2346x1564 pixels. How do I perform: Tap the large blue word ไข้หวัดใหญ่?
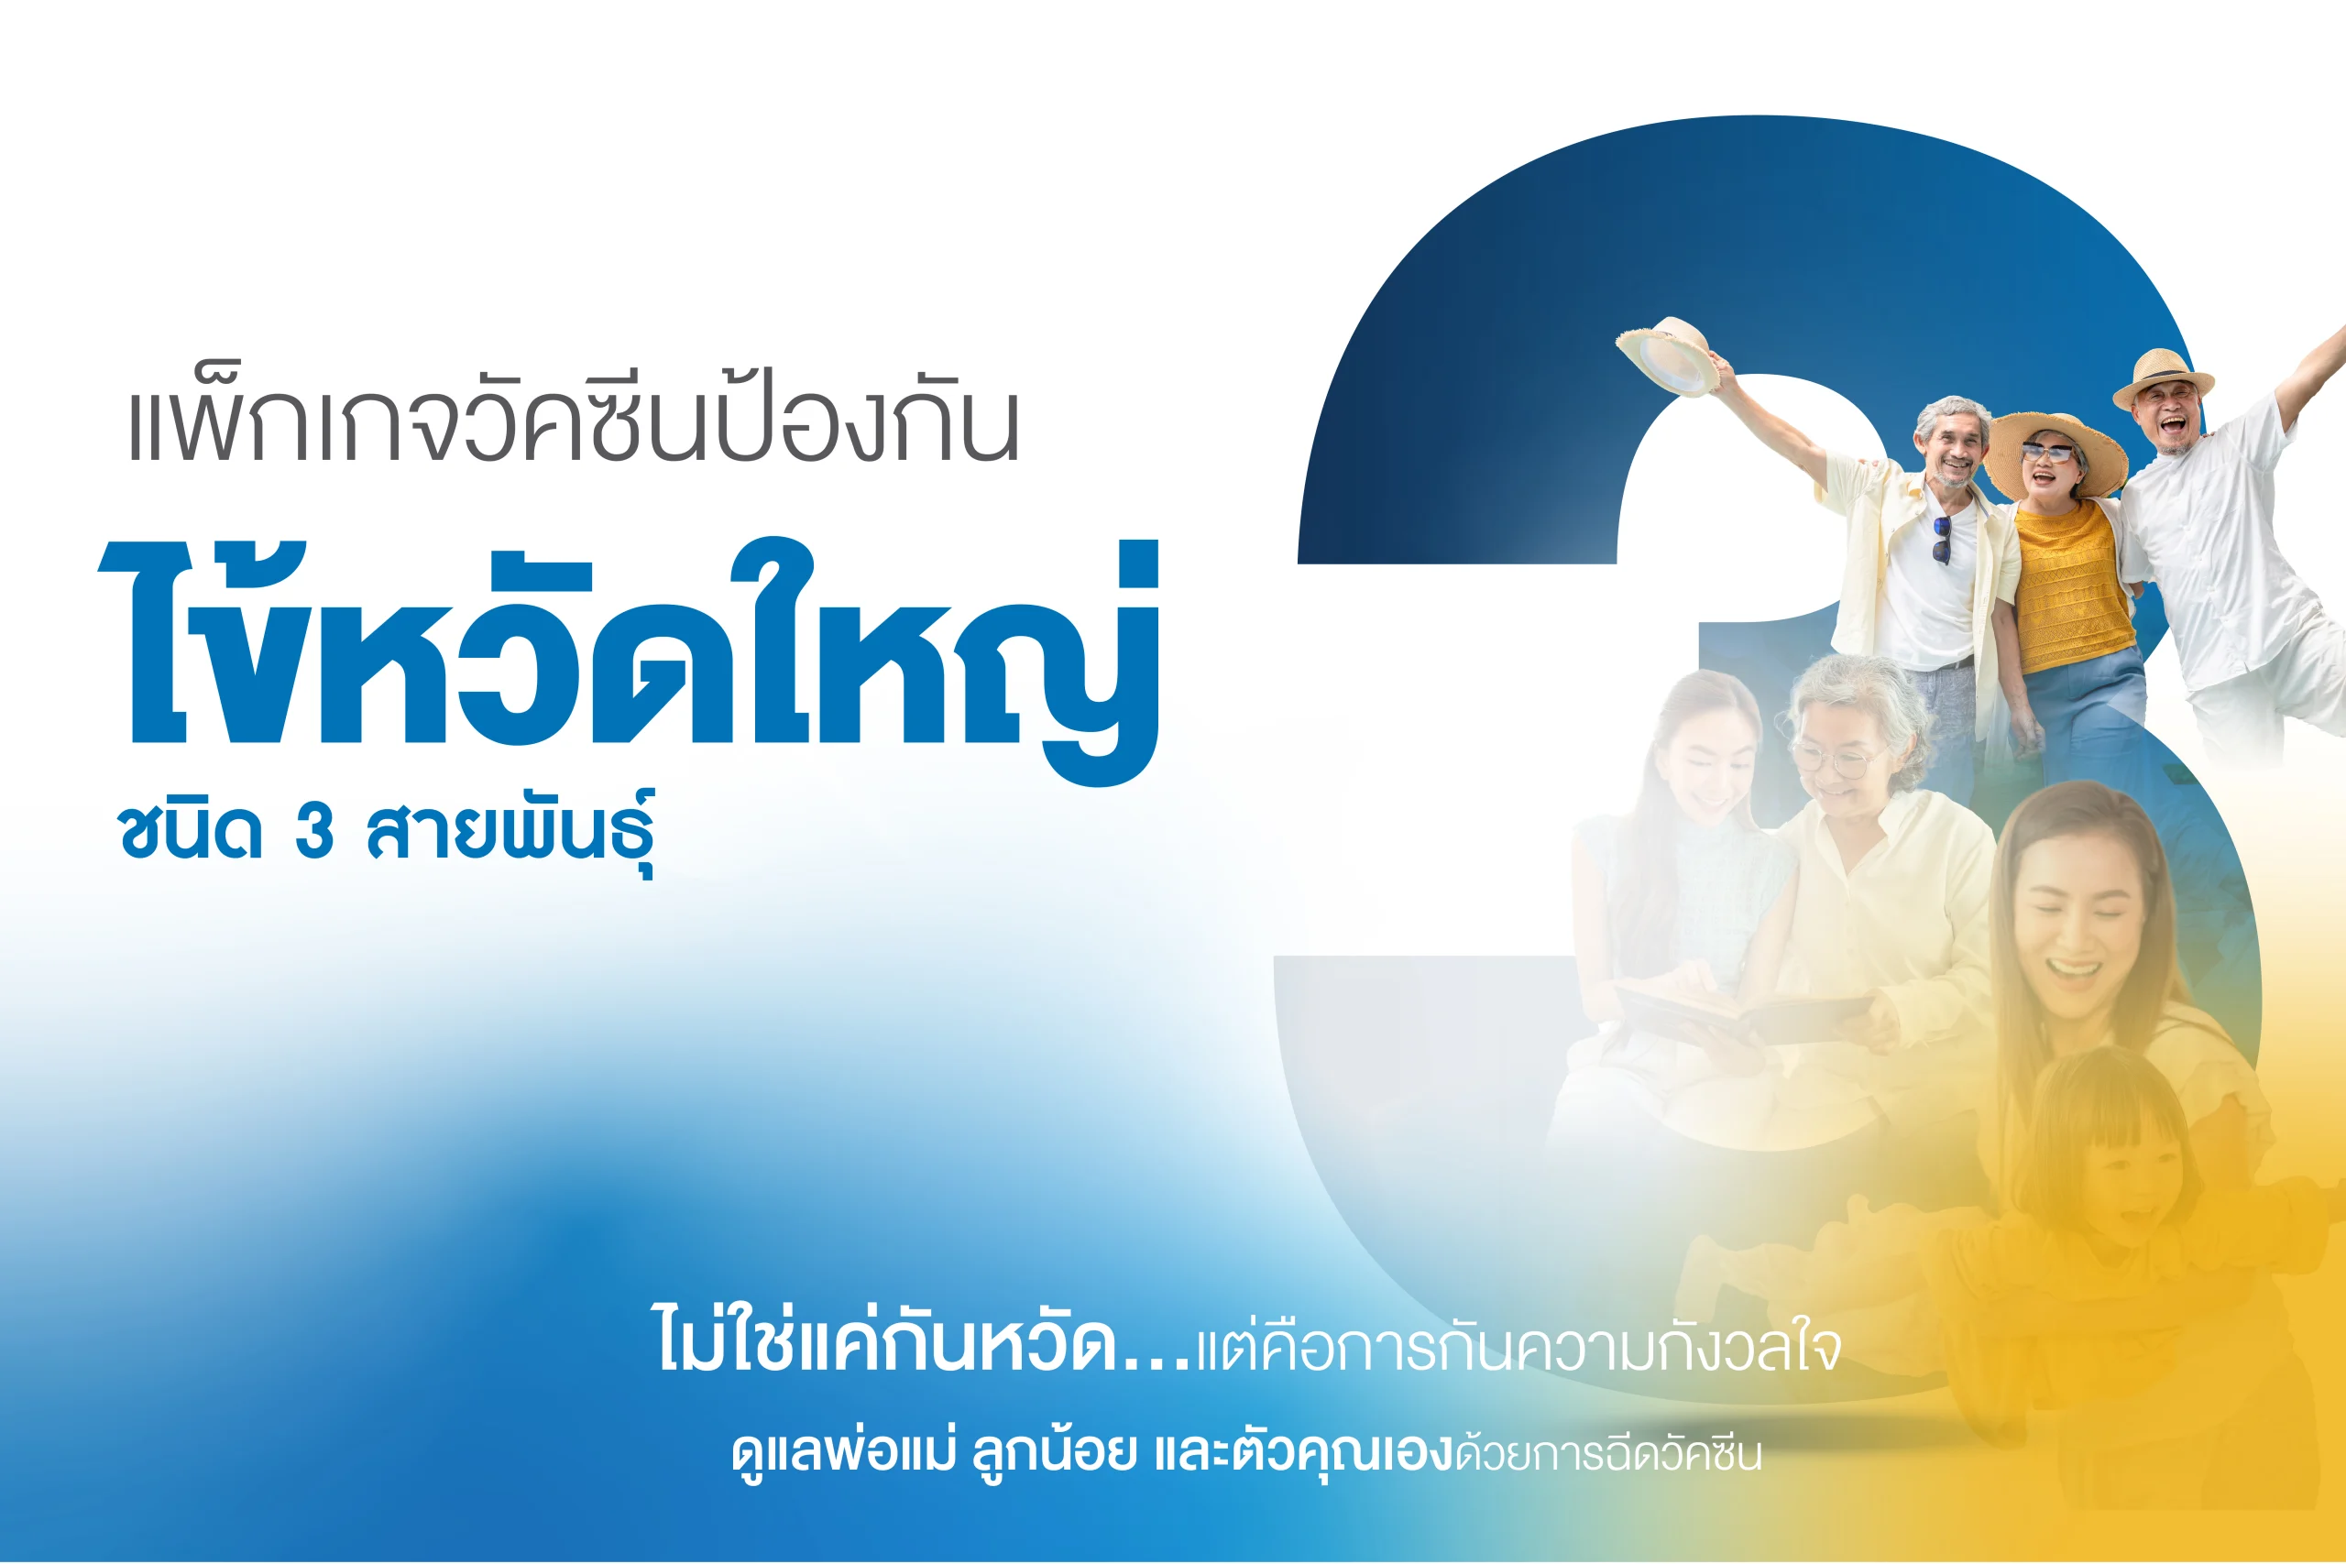pyautogui.click(x=629, y=659)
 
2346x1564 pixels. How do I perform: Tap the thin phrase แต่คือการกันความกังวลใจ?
pyautogui.click(x=1518, y=1347)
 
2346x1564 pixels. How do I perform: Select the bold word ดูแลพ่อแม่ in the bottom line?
pyautogui.click(x=843, y=1453)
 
